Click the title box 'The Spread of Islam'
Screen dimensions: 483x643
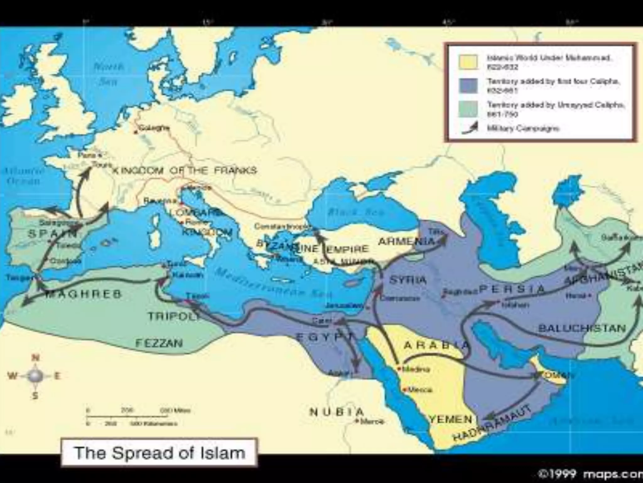159,453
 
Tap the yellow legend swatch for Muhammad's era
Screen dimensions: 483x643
468,62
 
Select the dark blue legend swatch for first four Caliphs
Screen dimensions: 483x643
468,86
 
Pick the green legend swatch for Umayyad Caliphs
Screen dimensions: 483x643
468,109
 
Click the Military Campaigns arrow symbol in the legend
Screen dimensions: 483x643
470,128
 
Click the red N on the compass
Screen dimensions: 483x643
35,358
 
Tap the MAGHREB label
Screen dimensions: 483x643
83,294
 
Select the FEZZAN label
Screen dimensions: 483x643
159,342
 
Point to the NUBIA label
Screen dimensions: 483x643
337,412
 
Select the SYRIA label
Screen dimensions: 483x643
408,280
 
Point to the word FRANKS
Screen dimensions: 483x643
235,170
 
